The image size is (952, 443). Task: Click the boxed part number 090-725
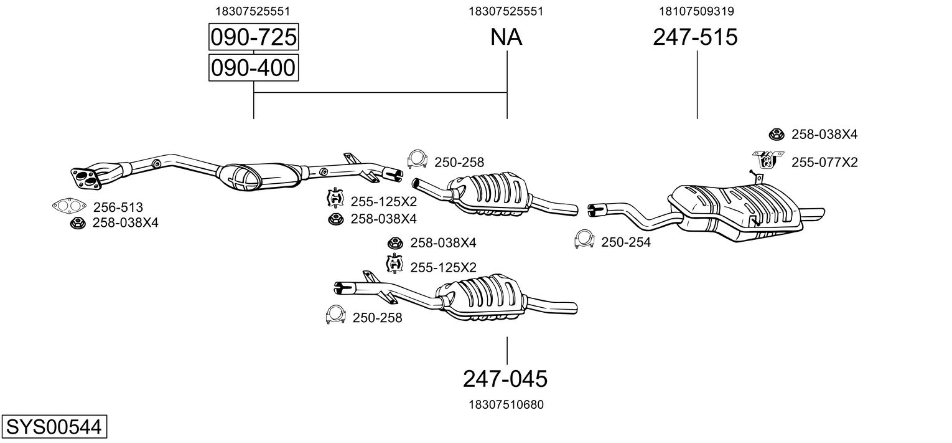point(253,38)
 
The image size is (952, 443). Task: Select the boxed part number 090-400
point(253,68)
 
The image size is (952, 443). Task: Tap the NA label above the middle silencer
point(506,37)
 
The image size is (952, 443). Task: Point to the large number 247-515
point(695,37)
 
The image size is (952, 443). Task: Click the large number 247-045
point(505,378)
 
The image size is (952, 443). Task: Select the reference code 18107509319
point(696,11)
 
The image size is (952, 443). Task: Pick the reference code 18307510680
point(506,405)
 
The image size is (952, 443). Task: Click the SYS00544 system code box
point(54,427)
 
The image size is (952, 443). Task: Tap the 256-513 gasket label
point(118,207)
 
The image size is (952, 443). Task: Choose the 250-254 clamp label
point(625,242)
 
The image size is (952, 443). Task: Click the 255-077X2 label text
point(824,163)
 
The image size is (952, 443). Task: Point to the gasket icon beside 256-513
point(69,206)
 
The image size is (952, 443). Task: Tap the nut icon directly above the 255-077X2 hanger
point(776,133)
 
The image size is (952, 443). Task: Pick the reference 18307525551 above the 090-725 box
point(253,11)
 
